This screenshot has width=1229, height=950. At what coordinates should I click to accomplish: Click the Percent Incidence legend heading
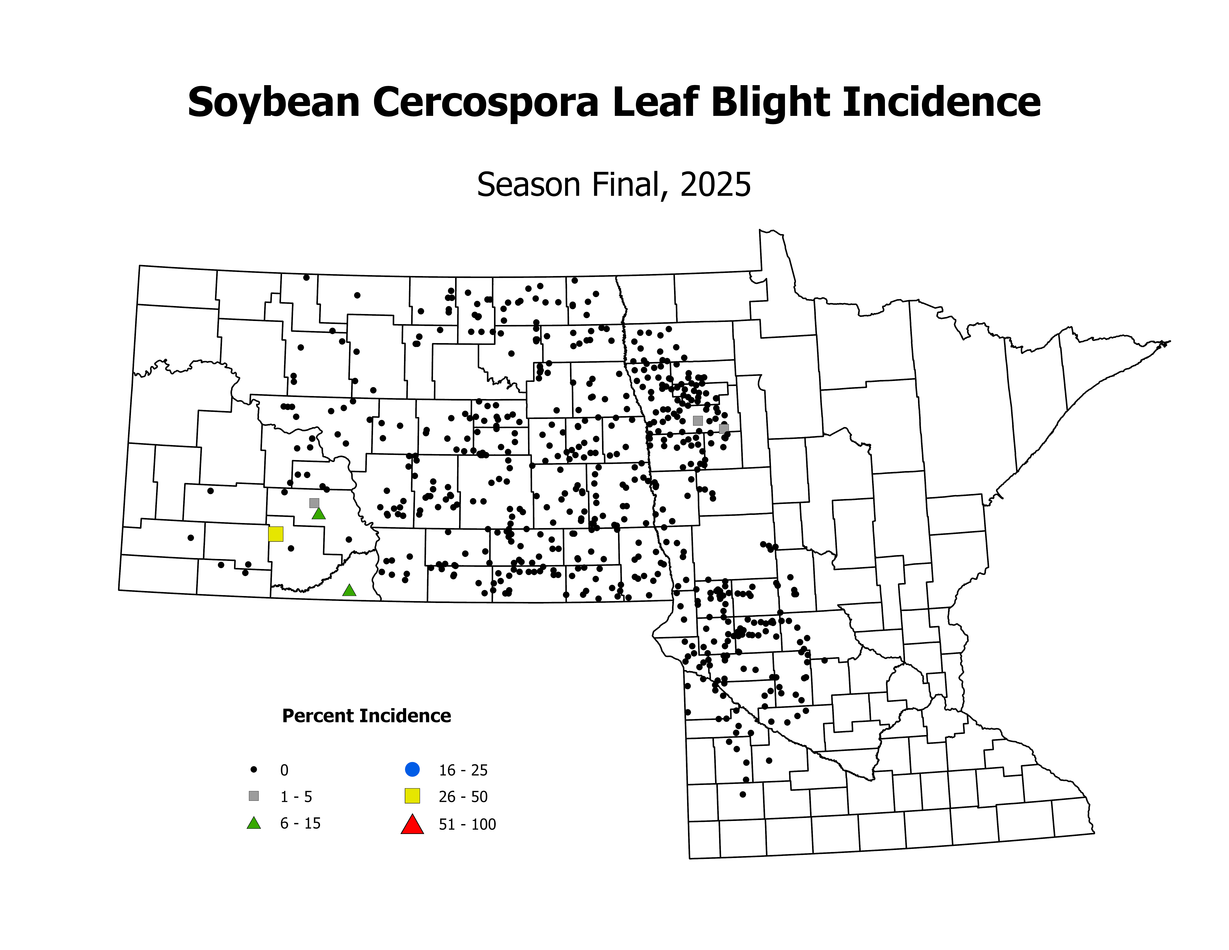pyautogui.click(x=366, y=716)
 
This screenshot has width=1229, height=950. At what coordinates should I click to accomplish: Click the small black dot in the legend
pyautogui.click(x=254, y=769)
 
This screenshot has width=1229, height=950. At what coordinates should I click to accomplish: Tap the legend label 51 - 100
pyautogui.click(x=467, y=824)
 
